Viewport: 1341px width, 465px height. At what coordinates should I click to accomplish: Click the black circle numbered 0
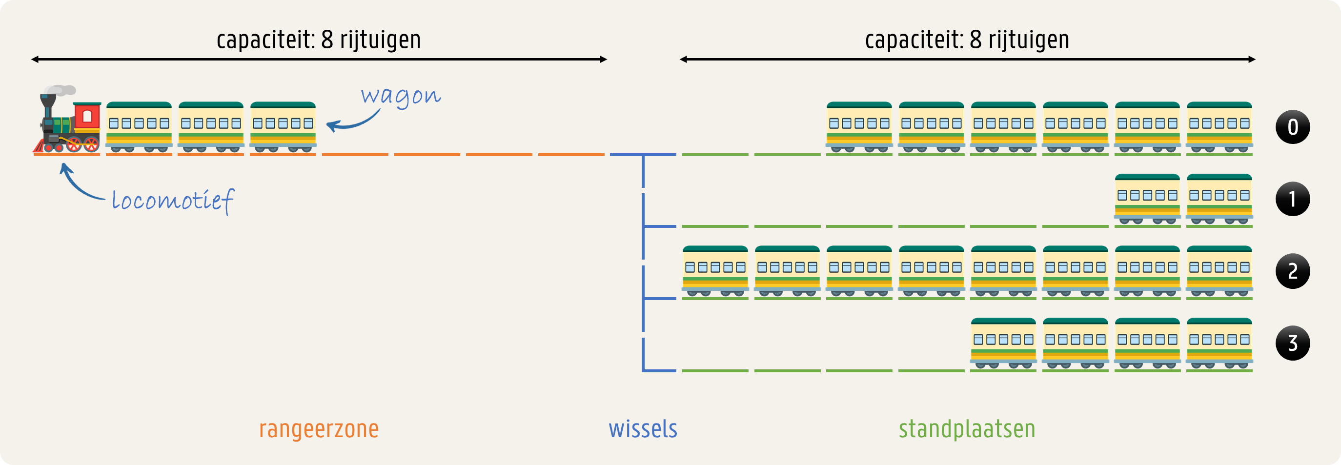(1293, 127)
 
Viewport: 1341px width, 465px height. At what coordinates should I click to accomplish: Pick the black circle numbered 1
(1293, 199)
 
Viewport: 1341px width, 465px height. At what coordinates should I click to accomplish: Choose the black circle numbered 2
(1293, 271)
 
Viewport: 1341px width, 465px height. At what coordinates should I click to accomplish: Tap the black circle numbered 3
(1293, 343)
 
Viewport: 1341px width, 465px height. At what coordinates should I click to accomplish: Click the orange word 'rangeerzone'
(319, 429)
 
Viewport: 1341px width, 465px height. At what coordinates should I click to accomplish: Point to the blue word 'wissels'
(643, 429)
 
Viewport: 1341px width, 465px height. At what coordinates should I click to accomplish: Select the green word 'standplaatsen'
(967, 429)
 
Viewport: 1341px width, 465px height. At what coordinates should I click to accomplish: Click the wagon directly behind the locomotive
(139, 127)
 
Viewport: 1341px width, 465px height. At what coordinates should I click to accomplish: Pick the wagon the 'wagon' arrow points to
(283, 127)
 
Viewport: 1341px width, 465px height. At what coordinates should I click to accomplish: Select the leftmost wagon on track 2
(715, 271)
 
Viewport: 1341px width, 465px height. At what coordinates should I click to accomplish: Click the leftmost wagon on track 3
(1003, 343)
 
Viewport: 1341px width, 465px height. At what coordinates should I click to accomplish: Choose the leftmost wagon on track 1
(1147, 200)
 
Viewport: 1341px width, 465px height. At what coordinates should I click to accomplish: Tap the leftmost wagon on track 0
(859, 127)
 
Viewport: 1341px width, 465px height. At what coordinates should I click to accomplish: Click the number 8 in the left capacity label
(327, 40)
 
